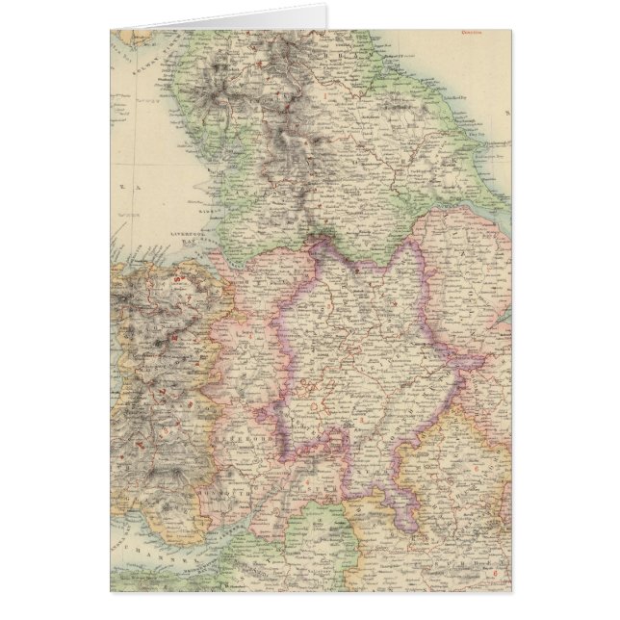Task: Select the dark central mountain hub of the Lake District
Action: click(222, 91)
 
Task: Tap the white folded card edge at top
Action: click(221, 17)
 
